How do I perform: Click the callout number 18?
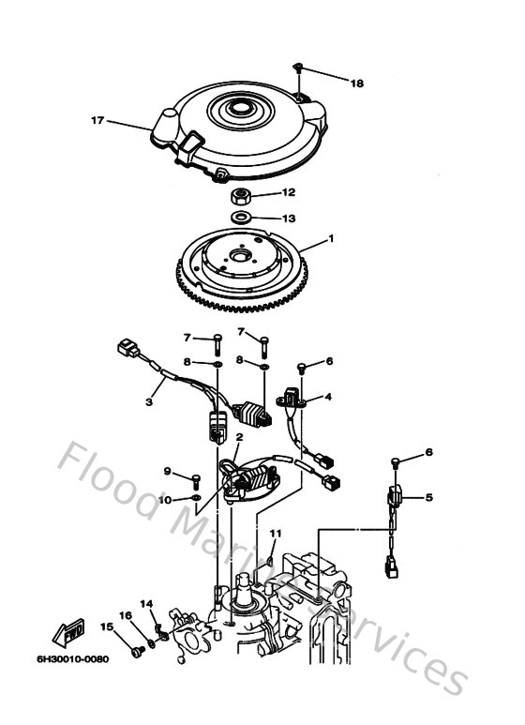[x=356, y=83]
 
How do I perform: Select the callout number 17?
[x=97, y=119]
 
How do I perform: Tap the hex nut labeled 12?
[x=241, y=198]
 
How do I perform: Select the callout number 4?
[x=328, y=397]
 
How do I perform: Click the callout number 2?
[x=240, y=437]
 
